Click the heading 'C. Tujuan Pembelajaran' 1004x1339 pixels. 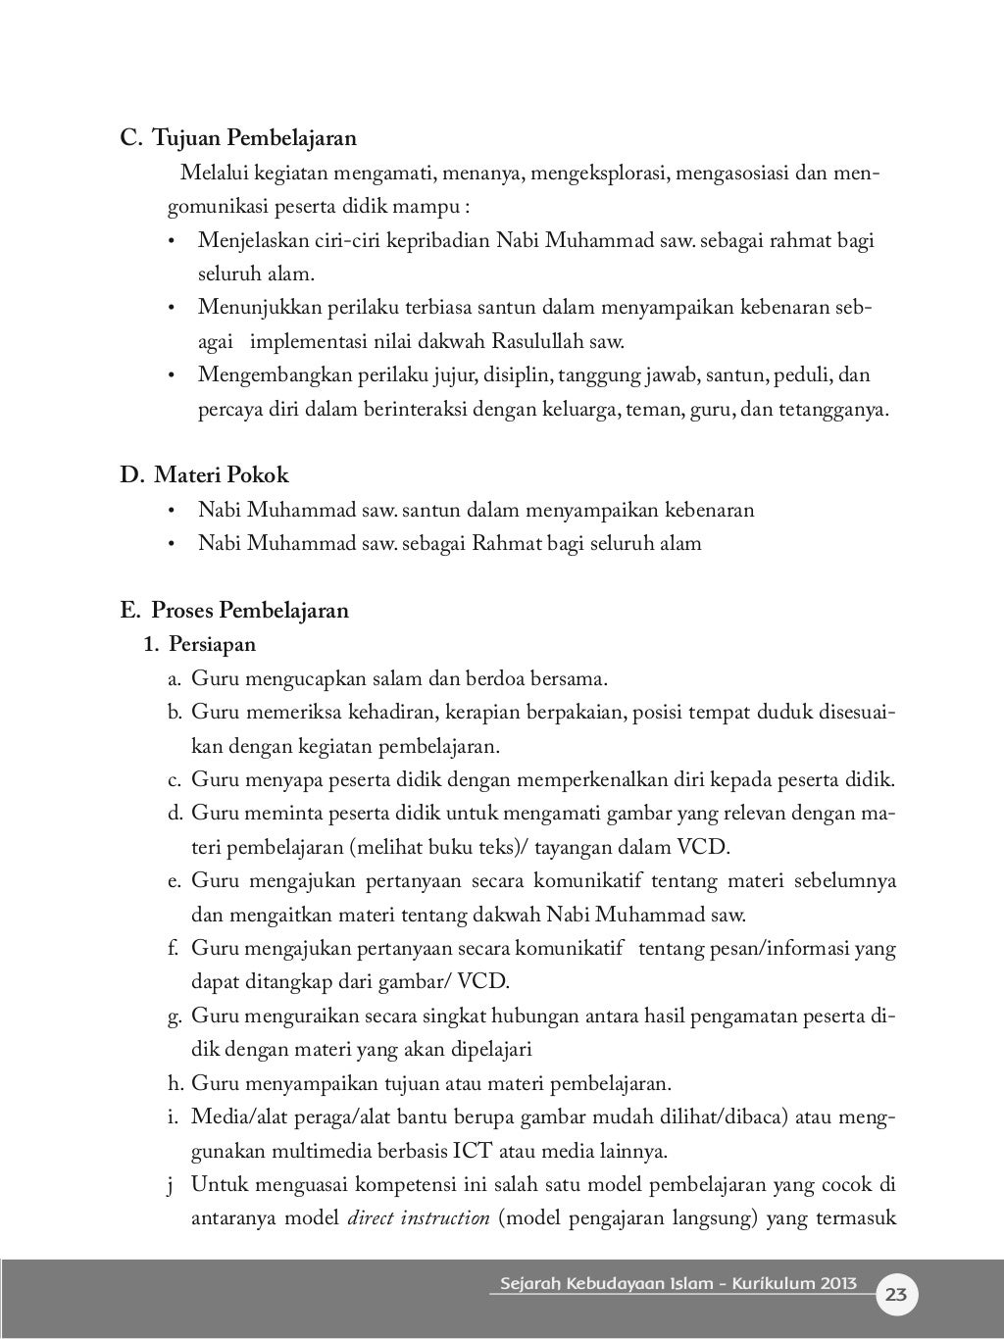238,139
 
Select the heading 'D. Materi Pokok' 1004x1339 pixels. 204,475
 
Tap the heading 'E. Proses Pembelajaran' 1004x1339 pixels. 234,611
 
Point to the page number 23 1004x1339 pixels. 896,1295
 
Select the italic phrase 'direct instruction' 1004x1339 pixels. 419,1218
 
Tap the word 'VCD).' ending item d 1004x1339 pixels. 704,847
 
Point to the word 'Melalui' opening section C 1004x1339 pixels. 213,174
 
